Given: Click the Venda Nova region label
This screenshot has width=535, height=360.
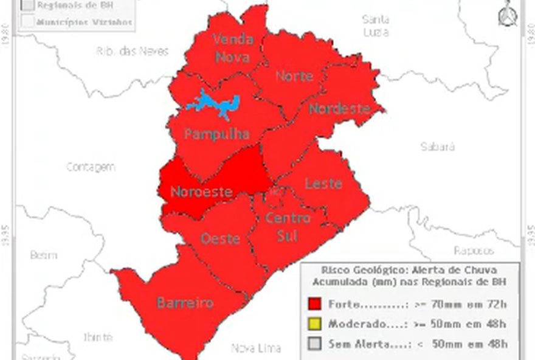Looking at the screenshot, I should point(233,48).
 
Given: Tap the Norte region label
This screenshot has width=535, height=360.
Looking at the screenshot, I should point(294,76).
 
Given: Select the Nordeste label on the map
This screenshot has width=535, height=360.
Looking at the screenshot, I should point(339,109).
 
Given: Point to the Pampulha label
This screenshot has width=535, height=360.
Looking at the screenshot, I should point(217,134).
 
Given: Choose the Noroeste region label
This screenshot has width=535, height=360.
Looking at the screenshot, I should point(201,192).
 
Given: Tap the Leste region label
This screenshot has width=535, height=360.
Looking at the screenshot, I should point(323,183).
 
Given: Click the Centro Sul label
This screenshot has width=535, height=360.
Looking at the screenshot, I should point(288,226).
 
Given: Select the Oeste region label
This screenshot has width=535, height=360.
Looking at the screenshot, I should point(220,238).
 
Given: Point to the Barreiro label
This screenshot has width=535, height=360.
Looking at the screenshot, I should point(185,302).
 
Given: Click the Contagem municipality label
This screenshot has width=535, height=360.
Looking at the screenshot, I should point(91,167).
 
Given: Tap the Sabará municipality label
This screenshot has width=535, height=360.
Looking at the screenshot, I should point(438,147).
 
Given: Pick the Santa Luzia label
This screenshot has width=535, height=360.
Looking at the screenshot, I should point(375,26).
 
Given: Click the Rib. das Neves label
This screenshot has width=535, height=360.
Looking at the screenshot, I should point(132,51).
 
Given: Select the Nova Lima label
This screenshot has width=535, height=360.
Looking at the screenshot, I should point(256,348).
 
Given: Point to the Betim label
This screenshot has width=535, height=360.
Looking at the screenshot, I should point(44,255).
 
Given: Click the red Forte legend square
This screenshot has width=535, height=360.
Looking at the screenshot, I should point(314,303).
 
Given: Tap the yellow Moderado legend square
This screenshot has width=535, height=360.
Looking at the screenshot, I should point(314,324).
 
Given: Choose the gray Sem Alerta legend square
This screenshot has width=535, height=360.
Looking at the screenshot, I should point(314,344).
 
